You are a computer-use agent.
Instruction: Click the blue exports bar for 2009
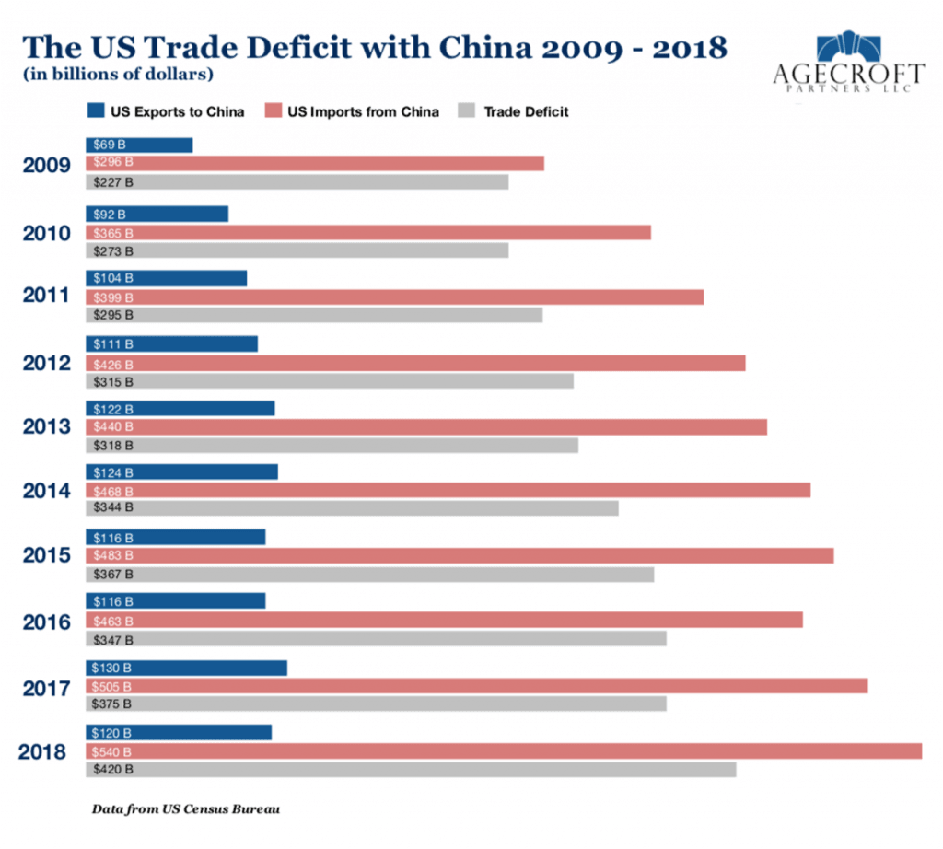click(x=139, y=145)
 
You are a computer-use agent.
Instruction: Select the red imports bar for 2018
click(x=504, y=751)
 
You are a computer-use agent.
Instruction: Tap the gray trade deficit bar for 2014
click(x=352, y=507)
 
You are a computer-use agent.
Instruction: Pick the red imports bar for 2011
click(x=394, y=297)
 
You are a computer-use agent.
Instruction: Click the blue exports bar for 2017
click(x=186, y=668)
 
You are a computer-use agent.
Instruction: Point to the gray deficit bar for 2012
click(x=330, y=381)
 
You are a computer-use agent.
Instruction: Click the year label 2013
click(x=46, y=427)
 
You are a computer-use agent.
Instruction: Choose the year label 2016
click(x=46, y=622)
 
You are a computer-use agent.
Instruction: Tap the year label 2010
click(x=46, y=233)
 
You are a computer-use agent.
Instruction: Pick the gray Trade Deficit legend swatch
click(x=467, y=111)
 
